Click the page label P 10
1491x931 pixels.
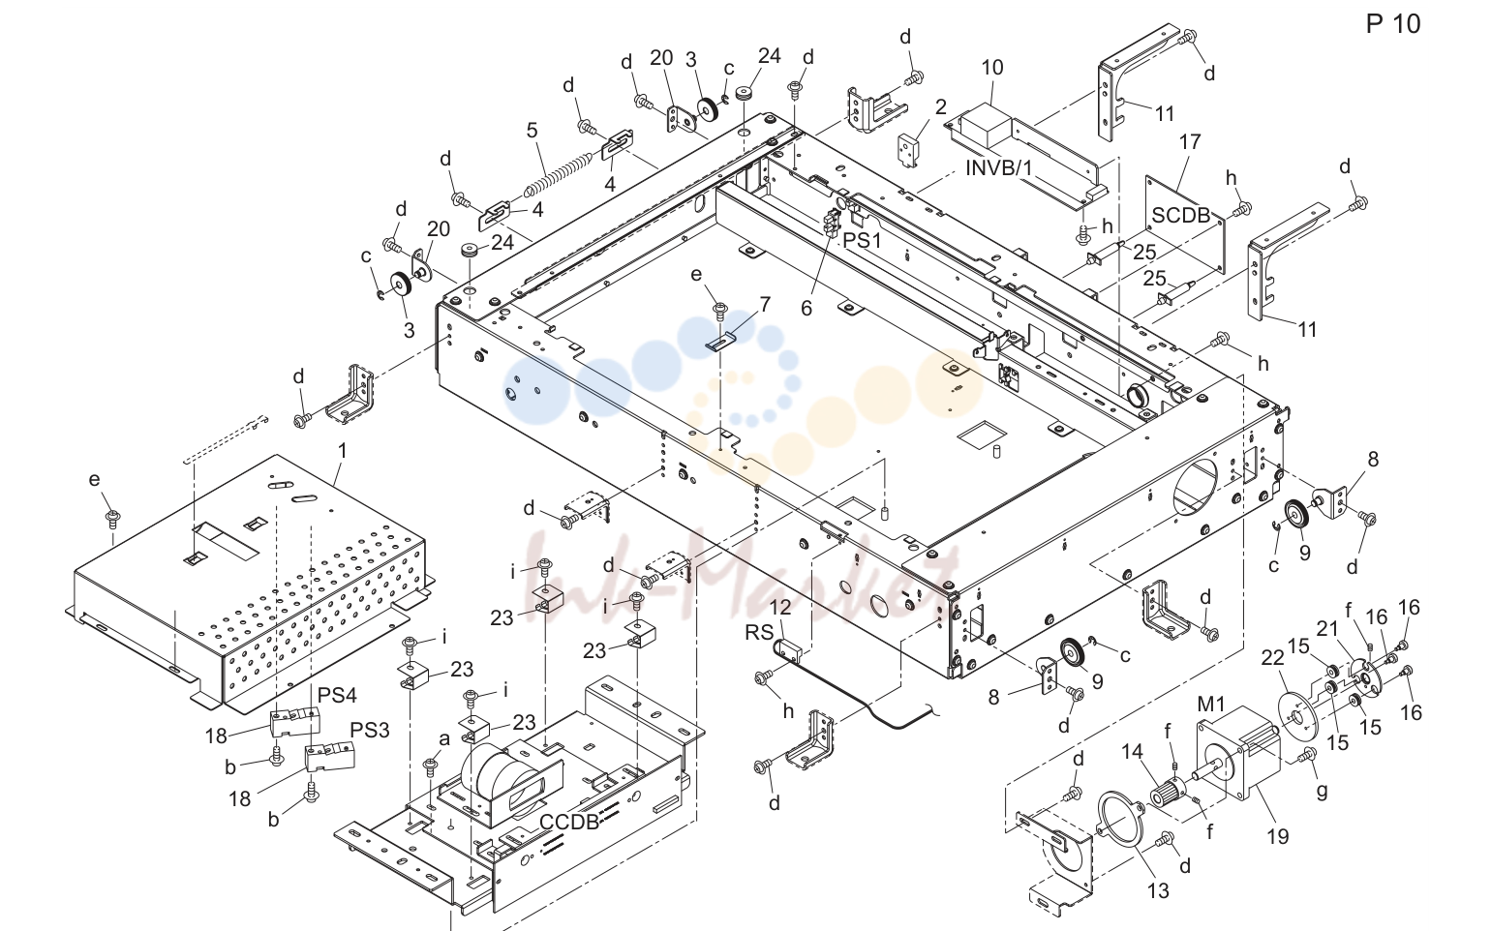coord(1393,24)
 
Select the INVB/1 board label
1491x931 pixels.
coord(999,167)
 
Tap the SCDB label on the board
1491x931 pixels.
coord(1181,215)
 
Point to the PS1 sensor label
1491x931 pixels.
coord(862,240)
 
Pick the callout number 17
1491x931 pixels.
coord(1190,141)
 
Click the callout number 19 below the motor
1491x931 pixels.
coord(1277,836)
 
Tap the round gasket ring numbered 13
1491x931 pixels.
coord(1120,820)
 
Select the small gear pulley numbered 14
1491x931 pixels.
coord(1169,795)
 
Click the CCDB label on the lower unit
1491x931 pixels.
coord(569,822)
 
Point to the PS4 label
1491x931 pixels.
coord(337,695)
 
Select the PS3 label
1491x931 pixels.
coord(370,730)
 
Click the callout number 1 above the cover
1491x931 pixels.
coord(342,451)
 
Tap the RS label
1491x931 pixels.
coord(759,632)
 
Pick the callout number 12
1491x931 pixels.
coord(780,607)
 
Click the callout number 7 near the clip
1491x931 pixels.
coord(765,305)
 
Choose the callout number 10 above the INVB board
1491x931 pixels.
coord(991,67)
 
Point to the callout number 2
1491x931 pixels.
coord(940,107)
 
